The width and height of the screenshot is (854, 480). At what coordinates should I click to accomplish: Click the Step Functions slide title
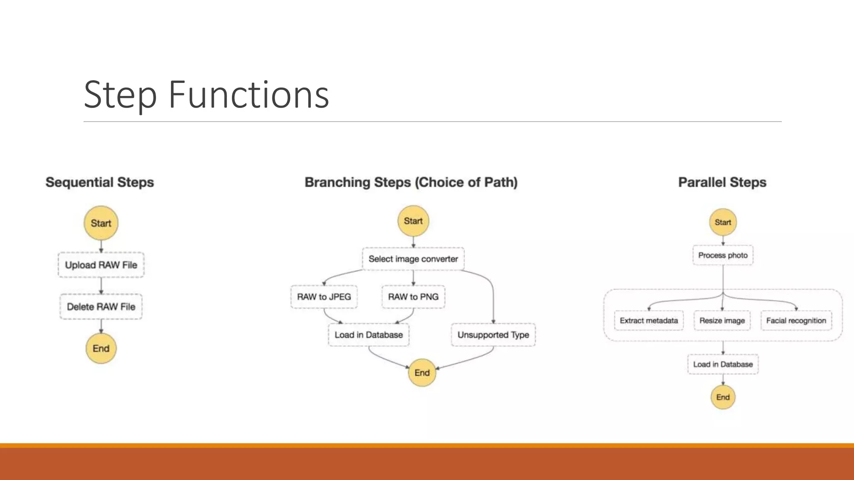(x=206, y=95)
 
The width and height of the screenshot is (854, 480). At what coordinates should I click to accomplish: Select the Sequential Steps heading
(x=100, y=182)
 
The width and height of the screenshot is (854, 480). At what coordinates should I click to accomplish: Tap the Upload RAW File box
(x=101, y=265)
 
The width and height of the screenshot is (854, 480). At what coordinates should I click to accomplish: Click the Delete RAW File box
(x=101, y=307)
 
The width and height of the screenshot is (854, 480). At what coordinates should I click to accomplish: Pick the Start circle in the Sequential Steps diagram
(x=101, y=223)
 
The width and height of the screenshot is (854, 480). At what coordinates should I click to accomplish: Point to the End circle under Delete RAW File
(x=101, y=348)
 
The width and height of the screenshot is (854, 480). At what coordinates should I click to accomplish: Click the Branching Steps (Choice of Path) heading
(x=411, y=182)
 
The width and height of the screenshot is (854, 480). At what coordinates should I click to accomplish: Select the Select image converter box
(x=413, y=259)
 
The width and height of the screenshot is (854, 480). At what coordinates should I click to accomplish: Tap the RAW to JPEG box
(x=324, y=297)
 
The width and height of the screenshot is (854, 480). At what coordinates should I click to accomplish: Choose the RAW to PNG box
(x=413, y=297)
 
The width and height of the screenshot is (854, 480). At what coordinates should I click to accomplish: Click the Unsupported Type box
(x=493, y=335)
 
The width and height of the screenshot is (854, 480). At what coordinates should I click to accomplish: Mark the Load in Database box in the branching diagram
(x=369, y=335)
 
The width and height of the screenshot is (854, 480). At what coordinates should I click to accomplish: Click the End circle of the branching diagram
(x=422, y=372)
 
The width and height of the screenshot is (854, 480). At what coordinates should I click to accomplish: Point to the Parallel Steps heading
(x=722, y=182)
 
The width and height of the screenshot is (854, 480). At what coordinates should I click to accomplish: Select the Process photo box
(x=723, y=255)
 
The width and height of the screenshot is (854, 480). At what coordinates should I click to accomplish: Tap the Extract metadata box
(x=649, y=320)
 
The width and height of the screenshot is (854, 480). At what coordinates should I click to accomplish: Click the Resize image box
(x=722, y=320)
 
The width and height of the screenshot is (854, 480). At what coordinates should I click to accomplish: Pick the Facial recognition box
(x=796, y=320)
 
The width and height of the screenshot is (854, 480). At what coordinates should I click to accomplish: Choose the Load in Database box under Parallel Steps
(x=723, y=364)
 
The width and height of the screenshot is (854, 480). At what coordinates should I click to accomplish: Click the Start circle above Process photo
(x=723, y=222)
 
